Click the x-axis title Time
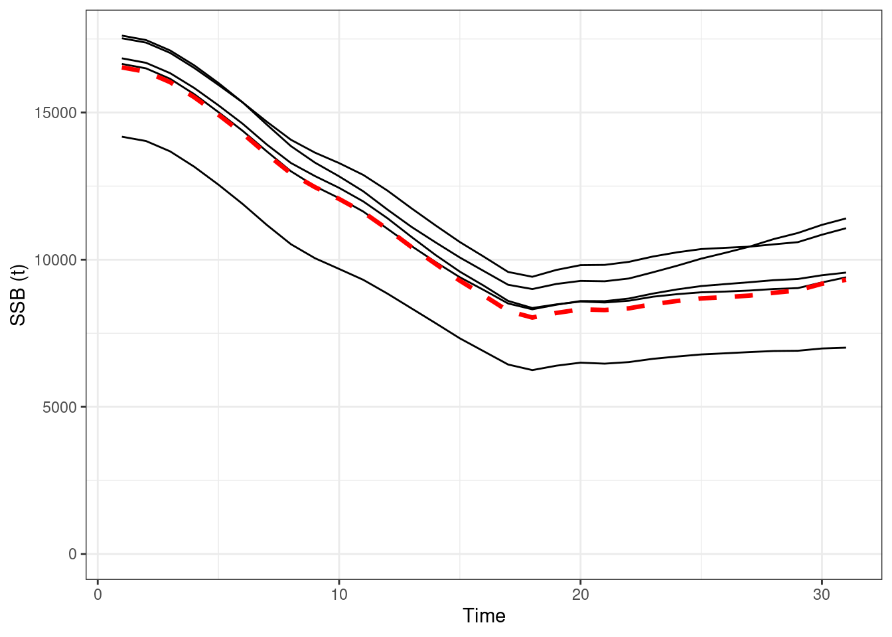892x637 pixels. click(x=484, y=616)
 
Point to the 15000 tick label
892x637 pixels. click(x=55, y=113)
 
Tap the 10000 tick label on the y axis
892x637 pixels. click(x=55, y=259)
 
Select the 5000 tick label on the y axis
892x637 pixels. click(x=58, y=407)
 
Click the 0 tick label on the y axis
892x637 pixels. click(x=72, y=554)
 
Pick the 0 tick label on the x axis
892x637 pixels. click(x=98, y=595)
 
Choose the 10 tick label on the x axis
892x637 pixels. click(x=339, y=595)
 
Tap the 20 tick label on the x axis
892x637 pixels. click(x=581, y=595)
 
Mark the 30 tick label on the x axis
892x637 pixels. click(x=822, y=595)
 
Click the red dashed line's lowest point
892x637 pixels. click(x=532, y=317)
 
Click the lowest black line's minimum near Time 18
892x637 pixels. click(x=532, y=370)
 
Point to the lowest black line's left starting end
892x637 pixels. click(x=122, y=137)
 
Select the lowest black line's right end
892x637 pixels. click(x=846, y=348)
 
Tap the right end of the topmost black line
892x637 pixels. click(x=846, y=218)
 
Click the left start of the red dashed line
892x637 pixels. click(x=122, y=67)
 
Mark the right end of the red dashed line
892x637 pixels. click(x=846, y=279)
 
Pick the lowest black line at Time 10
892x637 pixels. click(x=339, y=269)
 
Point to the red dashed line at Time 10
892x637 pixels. click(x=339, y=199)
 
